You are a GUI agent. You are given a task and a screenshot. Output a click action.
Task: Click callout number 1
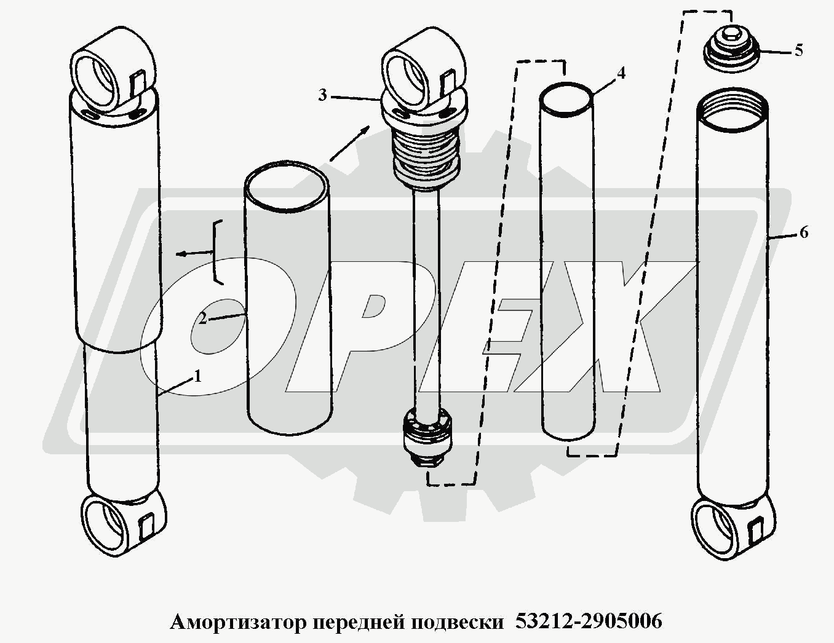197,377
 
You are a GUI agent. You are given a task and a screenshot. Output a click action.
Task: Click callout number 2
202,318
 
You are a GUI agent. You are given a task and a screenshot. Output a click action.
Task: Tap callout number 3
322,95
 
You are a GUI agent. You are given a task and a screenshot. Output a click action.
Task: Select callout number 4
621,73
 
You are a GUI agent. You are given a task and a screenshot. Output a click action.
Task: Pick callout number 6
804,232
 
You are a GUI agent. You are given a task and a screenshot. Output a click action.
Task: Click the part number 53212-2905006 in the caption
589,621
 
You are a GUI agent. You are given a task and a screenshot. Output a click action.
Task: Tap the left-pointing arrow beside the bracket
194,253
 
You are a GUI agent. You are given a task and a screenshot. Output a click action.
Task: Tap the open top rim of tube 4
566,100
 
